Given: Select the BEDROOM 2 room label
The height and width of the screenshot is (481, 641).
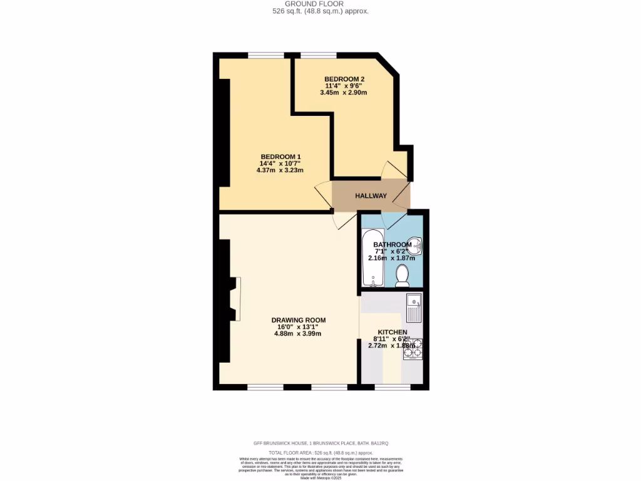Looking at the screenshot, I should pos(344,78).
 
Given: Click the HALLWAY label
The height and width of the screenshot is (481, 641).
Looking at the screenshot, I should pos(371,196).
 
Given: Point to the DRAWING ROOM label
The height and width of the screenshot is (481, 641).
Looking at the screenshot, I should pos(298,320).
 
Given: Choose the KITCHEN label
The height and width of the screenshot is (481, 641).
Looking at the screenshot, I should pos(392,332).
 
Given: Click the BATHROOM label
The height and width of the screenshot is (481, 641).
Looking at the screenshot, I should pos(392,244).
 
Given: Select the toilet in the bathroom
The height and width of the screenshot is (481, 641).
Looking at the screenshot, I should pos(403,275).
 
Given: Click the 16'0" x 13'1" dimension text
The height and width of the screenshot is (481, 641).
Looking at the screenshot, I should pos(298,327).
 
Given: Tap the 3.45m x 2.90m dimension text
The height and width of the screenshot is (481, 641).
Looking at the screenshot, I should pos(343,93).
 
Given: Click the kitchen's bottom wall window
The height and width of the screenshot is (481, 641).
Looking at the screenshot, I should pos(392,387).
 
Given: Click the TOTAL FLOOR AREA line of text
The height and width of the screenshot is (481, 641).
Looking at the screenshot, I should pos(321,452).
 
